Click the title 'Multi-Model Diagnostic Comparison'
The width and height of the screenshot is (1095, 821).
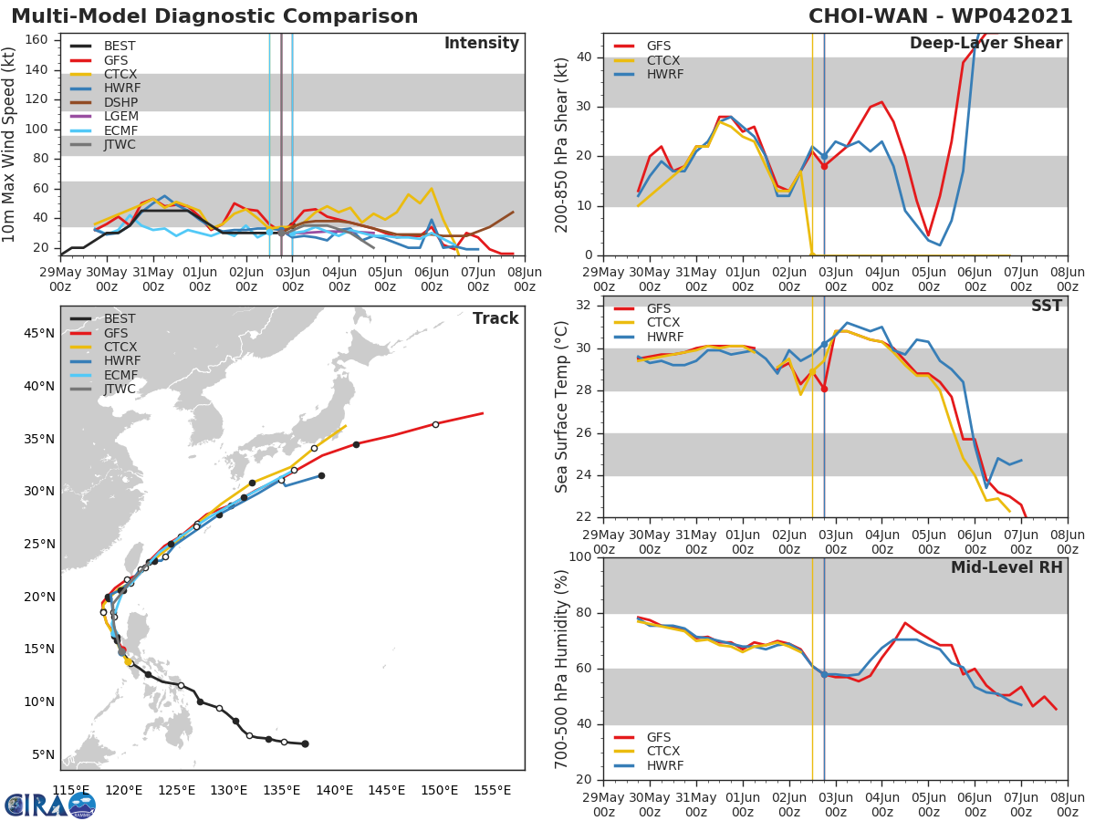click(x=214, y=16)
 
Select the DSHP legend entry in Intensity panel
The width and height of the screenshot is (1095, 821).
click(x=121, y=102)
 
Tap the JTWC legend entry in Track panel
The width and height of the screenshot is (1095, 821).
click(x=120, y=389)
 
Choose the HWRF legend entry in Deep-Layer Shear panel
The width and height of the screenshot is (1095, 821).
click(x=663, y=74)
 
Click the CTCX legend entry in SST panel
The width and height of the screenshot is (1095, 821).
click(x=663, y=322)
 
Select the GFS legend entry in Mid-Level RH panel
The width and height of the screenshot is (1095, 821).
click(x=663, y=737)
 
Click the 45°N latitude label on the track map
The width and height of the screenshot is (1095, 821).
click(x=37, y=333)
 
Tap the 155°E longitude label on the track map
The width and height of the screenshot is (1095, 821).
click(x=492, y=790)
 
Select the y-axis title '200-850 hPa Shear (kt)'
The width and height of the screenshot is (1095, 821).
click(x=562, y=144)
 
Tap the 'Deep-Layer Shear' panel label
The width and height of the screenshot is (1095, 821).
click(x=985, y=44)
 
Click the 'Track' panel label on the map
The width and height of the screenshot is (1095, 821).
click(x=495, y=318)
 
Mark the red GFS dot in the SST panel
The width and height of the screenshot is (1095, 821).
click(x=824, y=389)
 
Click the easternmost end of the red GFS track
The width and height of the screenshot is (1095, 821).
click(x=483, y=413)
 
